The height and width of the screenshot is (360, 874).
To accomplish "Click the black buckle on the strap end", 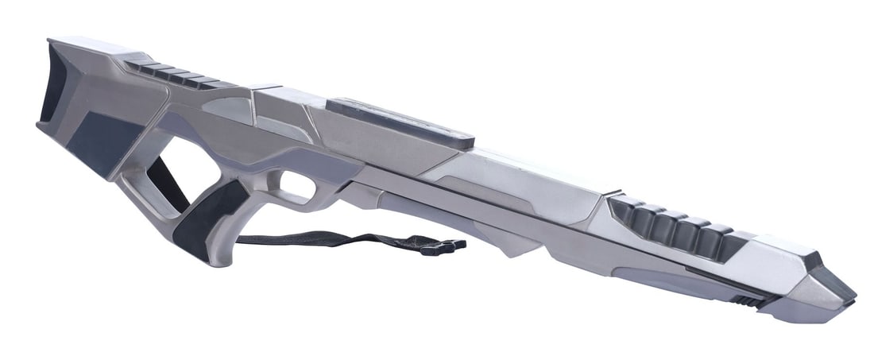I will tap(443, 247).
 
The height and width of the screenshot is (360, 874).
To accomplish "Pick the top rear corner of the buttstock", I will tap(52, 40).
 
